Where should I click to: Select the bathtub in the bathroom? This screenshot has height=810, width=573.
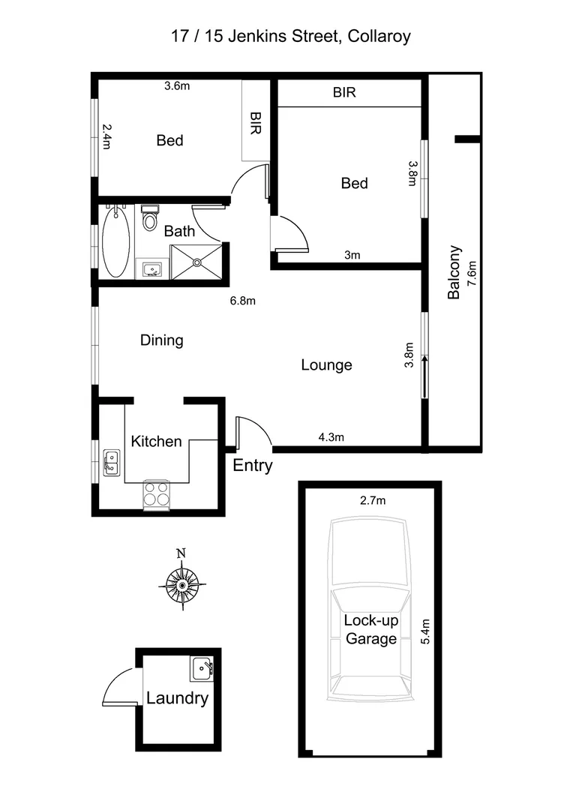(115, 241)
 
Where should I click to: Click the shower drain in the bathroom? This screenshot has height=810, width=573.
(197, 262)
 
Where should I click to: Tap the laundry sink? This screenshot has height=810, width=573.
(202, 667)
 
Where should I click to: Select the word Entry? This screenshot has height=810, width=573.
(253, 466)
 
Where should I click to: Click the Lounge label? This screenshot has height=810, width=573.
(326, 365)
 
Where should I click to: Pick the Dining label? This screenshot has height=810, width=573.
(162, 340)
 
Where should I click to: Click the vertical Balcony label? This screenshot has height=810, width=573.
(454, 273)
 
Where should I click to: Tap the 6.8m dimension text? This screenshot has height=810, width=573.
(243, 301)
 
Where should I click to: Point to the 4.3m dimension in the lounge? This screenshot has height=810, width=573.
(330, 437)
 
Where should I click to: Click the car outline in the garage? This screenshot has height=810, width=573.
(370, 607)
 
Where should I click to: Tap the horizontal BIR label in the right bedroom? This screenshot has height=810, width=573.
(344, 94)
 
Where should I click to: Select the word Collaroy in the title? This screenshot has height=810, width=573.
(377, 36)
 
